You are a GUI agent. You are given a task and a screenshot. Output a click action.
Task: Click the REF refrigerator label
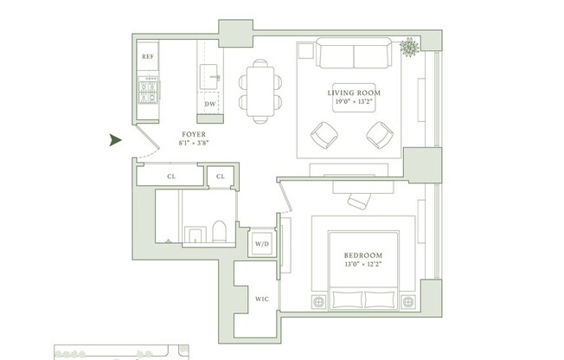(x=147, y=57)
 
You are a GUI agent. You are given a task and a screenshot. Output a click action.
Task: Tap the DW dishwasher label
(x=209, y=104)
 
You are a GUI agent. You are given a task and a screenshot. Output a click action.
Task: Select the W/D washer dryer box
(x=260, y=245)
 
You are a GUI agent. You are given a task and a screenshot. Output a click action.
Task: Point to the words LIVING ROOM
(x=353, y=93)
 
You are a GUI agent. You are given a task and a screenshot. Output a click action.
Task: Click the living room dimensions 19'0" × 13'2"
(x=353, y=102)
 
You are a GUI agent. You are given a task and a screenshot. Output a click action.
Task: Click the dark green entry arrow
(x=114, y=140)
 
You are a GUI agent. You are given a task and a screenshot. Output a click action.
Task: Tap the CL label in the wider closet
(x=171, y=177)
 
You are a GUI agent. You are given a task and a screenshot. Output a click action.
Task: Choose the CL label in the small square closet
(x=221, y=177)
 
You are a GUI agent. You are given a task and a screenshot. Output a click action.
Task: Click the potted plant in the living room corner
(x=409, y=48)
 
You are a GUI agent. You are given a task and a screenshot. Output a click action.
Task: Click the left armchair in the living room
(x=325, y=134)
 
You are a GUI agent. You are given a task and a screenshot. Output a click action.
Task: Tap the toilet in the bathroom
(x=218, y=230)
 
